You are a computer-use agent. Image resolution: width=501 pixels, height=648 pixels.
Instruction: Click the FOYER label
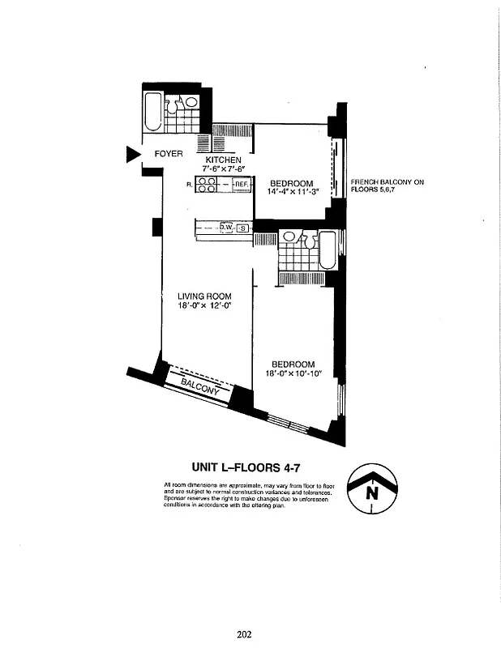point(169,154)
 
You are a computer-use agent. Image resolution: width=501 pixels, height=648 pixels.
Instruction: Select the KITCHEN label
point(223,160)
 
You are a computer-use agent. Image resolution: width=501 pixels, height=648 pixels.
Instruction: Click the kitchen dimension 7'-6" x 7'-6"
point(223,169)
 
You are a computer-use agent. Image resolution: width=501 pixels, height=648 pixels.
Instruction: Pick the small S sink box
point(242,229)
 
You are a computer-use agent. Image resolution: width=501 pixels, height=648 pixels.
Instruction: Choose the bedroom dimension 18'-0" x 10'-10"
point(293,373)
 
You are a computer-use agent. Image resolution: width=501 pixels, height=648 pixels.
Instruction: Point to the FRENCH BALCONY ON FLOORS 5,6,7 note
point(388,187)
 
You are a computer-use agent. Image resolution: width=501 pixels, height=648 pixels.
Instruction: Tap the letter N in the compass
point(372,491)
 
